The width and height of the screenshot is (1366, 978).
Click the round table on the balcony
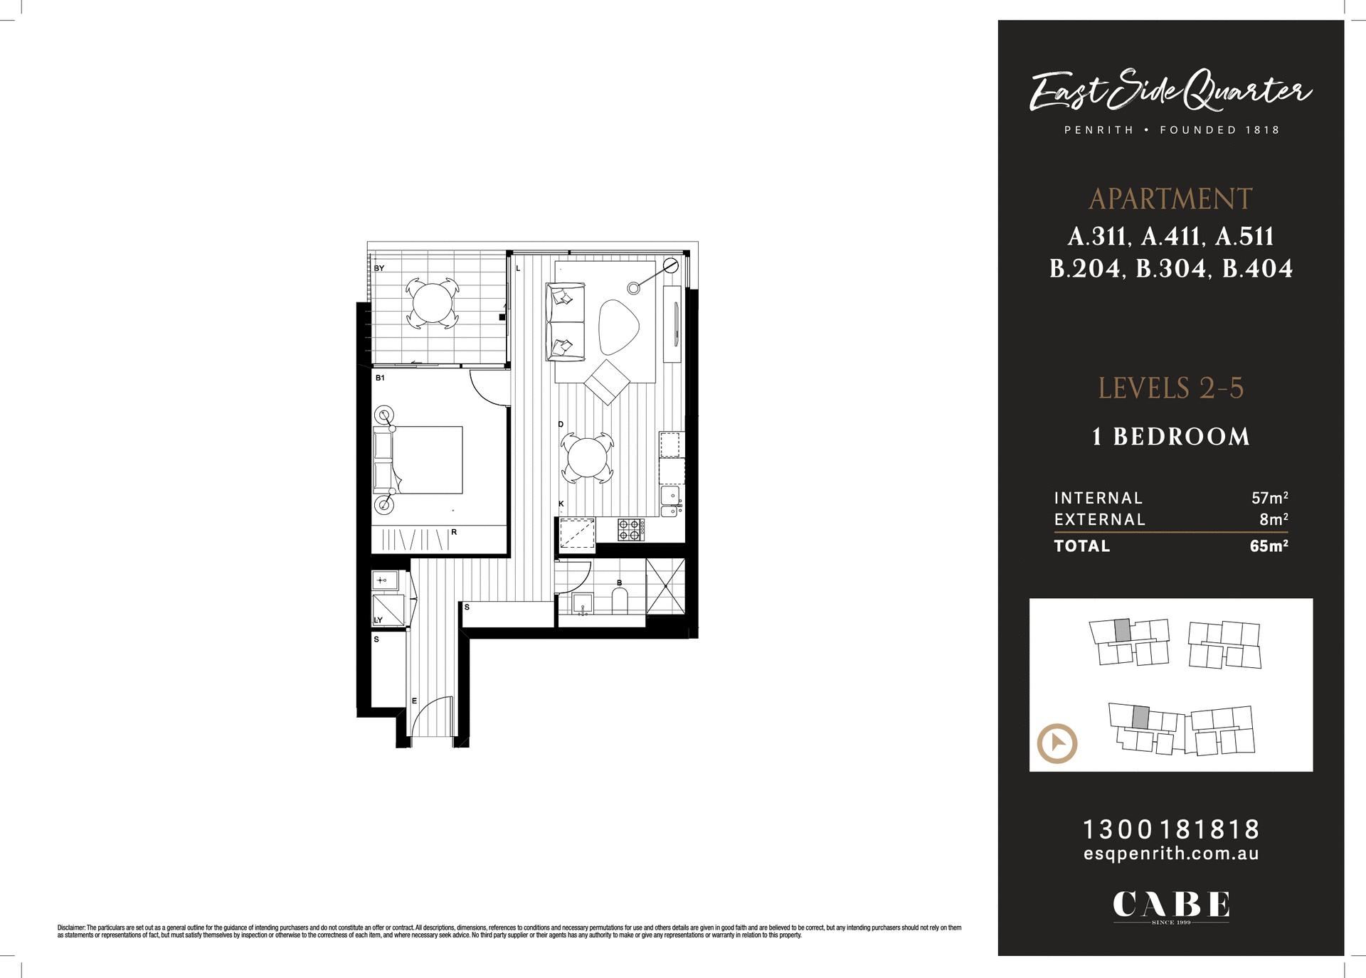pos(433,303)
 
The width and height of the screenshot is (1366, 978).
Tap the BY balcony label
pos(379,268)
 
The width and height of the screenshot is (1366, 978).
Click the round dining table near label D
pos(587,457)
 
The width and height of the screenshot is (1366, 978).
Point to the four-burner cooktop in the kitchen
pos(630,529)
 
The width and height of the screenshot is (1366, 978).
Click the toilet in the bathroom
pos(620,601)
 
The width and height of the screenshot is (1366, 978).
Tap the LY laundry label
pos(378,620)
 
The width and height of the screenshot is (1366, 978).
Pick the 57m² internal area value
pos(1269,498)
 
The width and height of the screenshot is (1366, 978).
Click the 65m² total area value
pos(1269,546)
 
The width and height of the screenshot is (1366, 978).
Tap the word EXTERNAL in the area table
pos(1100,520)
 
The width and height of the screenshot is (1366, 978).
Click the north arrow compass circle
pos(1057,743)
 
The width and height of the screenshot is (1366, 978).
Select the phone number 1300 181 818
pos(1171,829)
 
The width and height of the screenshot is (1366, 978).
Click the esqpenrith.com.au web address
pos(1171,854)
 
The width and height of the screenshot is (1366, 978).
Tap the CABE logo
pos(1171,905)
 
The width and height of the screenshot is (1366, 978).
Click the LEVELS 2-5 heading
pos(1170,388)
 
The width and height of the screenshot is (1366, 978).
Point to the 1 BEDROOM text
pos(1171,437)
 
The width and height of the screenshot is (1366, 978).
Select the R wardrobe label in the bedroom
pos(454,532)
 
